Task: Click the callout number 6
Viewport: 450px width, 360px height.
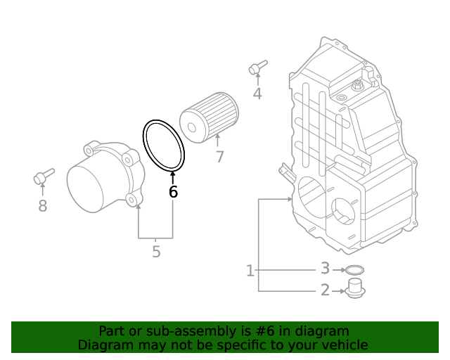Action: [173, 192]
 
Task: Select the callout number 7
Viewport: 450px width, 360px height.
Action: [219, 157]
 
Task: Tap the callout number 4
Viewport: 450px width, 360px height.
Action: [257, 94]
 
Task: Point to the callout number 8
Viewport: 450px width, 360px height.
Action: [42, 206]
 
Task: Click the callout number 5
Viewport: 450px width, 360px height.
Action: [156, 251]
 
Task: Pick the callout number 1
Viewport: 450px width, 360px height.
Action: [250, 270]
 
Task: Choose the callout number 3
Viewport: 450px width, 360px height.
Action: [325, 269]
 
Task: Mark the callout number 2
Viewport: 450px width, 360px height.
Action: [325, 290]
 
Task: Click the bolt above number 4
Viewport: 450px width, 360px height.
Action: [257, 67]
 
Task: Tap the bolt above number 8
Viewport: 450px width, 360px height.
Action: [44, 176]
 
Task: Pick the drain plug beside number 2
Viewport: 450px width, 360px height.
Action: [354, 288]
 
